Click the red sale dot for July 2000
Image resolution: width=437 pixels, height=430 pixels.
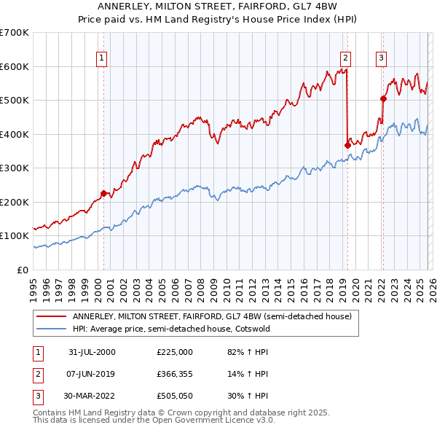104,193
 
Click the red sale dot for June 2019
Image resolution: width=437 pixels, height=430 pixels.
347,145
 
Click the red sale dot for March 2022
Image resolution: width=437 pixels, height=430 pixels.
383,98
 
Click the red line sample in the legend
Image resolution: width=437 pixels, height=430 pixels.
52,316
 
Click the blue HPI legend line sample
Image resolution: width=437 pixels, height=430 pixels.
52,329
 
